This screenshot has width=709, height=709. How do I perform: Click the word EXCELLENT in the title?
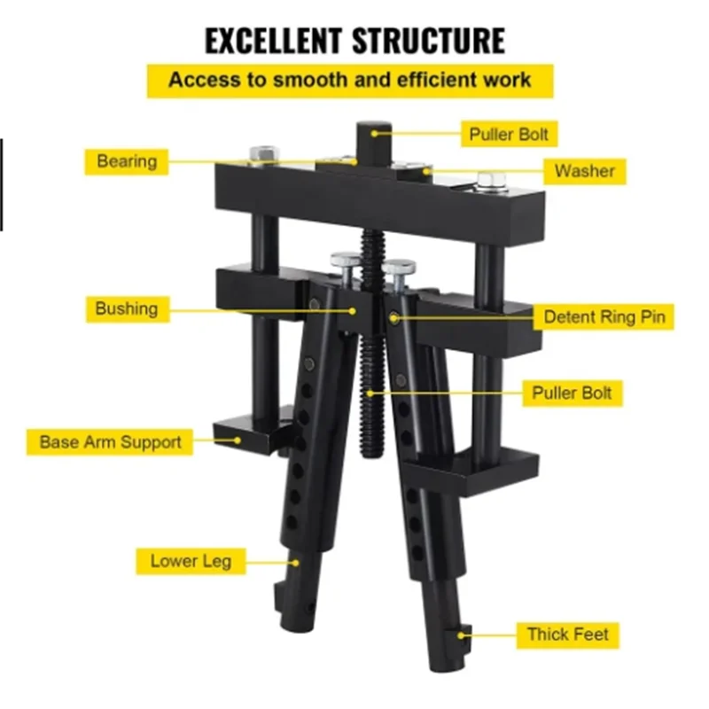coord(273,41)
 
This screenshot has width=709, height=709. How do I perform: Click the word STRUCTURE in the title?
coord(428,41)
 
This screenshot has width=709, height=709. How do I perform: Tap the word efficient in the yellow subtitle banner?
coord(437,80)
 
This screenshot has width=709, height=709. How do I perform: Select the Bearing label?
coord(127,161)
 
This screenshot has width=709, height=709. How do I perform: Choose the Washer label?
coord(585,171)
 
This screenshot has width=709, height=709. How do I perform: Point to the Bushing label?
coord(128,309)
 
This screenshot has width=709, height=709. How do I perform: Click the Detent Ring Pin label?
coord(604,316)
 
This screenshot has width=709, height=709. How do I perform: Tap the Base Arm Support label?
coord(110,441)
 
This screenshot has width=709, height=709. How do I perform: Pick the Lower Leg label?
coord(191,561)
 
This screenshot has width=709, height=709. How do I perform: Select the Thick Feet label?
coord(568,635)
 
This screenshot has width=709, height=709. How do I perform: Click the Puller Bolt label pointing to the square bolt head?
coord(509,134)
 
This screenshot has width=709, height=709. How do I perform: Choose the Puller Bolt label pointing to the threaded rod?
coord(573,393)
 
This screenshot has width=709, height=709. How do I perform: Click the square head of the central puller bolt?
coord(374,144)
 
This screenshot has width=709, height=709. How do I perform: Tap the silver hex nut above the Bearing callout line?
coord(264,153)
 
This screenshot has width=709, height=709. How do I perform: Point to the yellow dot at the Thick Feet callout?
coord(461,635)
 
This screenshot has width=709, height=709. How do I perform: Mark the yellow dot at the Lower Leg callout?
coord(295,563)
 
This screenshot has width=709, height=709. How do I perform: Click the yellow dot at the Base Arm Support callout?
coord(237,440)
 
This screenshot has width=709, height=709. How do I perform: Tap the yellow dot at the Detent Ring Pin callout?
coord(393,319)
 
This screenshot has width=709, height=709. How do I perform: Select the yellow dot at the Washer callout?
coord(426,171)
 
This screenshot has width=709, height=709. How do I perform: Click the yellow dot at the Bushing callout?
coord(352,311)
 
